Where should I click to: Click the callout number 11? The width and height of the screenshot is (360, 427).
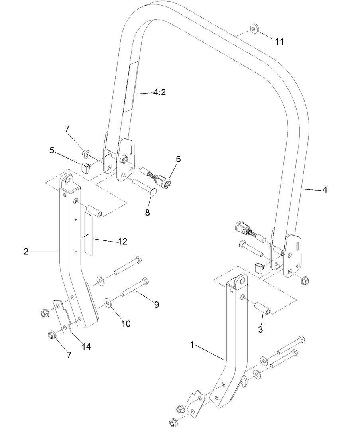[280, 41]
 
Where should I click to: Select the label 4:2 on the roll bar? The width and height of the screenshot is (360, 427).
[159, 92]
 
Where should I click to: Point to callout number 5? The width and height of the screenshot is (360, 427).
[52, 150]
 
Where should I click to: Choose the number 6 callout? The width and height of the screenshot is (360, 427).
[178, 159]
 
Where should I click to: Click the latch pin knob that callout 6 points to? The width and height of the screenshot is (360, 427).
[165, 184]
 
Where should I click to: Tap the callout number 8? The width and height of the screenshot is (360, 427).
[147, 213]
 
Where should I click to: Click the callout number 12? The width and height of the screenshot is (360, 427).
[122, 242]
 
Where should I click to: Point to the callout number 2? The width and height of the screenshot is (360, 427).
[26, 251]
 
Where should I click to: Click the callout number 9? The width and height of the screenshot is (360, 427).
[156, 305]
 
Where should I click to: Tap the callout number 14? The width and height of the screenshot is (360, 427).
[87, 346]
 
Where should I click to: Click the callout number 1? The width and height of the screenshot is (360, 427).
[192, 345]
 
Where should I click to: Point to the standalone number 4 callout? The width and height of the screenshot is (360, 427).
[325, 190]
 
